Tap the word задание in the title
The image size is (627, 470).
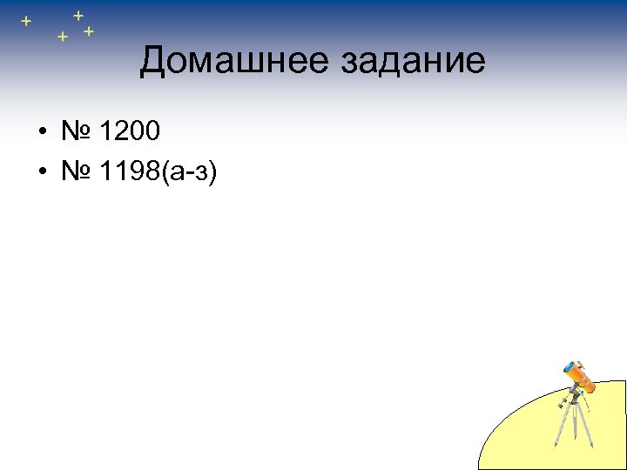(x=413, y=61)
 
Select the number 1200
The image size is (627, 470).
(x=130, y=132)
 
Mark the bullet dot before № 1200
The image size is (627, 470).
(x=41, y=133)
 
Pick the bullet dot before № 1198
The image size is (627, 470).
(x=41, y=172)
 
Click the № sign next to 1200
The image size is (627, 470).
(x=77, y=132)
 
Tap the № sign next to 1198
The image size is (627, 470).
(x=77, y=171)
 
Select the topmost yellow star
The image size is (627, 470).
(x=78, y=14)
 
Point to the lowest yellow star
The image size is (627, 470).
(x=62, y=37)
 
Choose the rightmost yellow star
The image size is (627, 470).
(x=89, y=31)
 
